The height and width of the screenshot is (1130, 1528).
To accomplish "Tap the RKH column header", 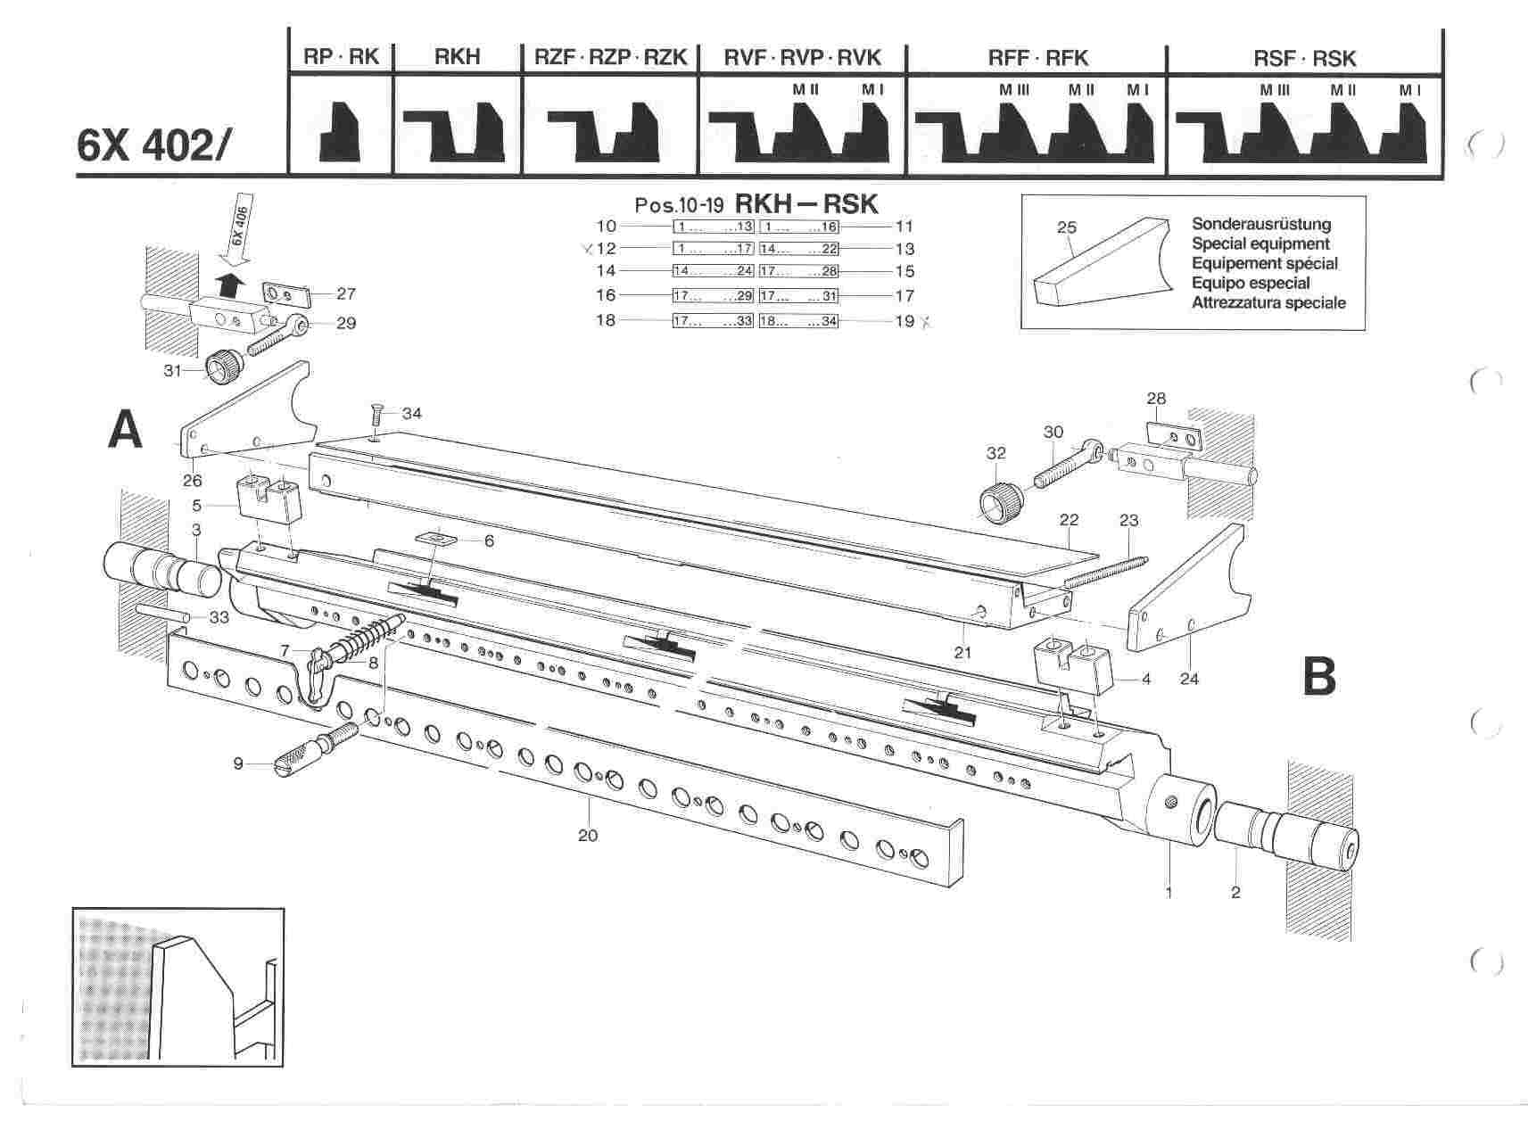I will (457, 58).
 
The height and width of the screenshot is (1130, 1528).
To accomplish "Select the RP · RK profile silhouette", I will (340, 130).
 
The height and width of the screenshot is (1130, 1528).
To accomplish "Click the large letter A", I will (125, 432).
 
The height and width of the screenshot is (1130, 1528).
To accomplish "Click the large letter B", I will (1319, 676).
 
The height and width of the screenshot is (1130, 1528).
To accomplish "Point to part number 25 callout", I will (1067, 227).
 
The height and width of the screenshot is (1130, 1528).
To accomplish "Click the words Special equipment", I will (1260, 243).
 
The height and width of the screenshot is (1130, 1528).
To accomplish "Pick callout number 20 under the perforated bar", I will (588, 835).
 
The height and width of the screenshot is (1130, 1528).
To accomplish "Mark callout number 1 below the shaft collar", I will (1169, 890).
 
